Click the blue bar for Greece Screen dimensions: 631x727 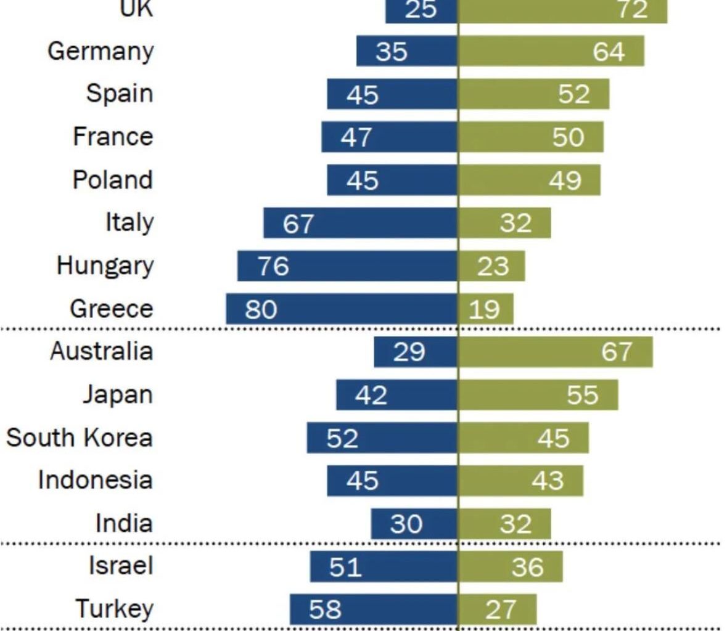tap(342, 309)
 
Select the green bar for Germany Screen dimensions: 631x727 tap(551, 51)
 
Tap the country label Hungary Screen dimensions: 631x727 tap(105, 266)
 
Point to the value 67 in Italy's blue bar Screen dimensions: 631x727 tap(298, 223)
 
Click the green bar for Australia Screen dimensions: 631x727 tap(555, 352)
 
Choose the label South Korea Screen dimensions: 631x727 tap(79, 438)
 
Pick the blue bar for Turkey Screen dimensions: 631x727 tap(374, 609)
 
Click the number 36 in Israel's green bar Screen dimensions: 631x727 tap(527, 566)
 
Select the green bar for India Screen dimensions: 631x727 tap(504, 524)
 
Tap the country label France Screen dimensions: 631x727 tap(112, 137)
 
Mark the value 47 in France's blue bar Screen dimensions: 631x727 tap(356, 137)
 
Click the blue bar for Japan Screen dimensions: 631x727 tap(397, 395)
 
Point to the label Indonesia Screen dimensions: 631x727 tap(95, 480)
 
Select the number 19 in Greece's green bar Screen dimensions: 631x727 tap(484, 309)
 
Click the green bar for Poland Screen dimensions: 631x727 tap(529, 180)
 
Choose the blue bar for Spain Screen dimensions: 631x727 tap(392, 94)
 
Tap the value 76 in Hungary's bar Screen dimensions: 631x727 tap(273, 266)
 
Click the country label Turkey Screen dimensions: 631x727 tap(114, 609)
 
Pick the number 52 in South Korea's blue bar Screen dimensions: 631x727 tap(342, 438)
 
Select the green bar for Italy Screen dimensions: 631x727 tap(504, 223)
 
